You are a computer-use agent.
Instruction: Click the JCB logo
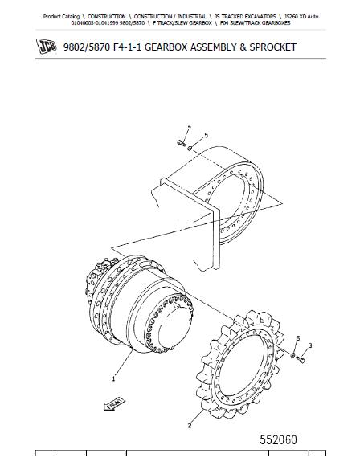(46, 47)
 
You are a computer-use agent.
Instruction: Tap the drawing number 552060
(278, 439)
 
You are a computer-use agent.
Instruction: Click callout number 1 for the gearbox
(113, 379)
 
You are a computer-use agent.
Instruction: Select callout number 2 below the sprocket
(189, 426)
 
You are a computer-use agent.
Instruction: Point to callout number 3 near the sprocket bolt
(310, 345)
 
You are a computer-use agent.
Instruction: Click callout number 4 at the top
(189, 126)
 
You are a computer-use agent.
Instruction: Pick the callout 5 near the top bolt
(206, 136)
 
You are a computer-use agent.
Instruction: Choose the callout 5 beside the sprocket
(297, 338)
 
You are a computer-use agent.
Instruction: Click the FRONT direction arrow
(114, 404)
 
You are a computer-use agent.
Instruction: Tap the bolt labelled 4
(181, 143)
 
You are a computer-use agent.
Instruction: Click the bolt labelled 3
(302, 359)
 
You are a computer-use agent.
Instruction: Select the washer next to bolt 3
(293, 355)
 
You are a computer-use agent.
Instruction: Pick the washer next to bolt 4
(190, 148)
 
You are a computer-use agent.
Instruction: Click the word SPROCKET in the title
(272, 47)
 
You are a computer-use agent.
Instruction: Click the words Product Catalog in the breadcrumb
(61, 17)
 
